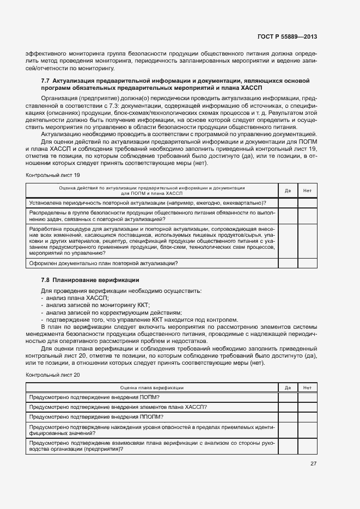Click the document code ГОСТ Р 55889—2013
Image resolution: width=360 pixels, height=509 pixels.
pyautogui.click(x=287, y=37)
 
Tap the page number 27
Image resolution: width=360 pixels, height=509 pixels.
pyautogui.click(x=313, y=463)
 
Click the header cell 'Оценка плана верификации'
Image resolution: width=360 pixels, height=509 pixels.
pyautogui.click(x=152, y=388)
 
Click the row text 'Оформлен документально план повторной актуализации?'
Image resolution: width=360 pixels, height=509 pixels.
pyautogui.click(x=103, y=263)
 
